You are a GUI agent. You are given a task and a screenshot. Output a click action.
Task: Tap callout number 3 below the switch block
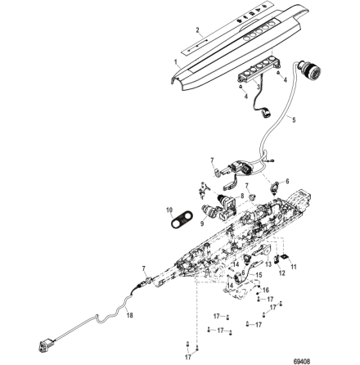click(259, 85)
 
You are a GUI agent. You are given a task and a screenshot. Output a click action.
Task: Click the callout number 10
click(170, 210)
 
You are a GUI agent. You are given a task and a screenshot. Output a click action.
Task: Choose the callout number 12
click(282, 273)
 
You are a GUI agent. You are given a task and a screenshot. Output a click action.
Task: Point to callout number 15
click(259, 276)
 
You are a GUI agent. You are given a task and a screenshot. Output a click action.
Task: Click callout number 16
click(263, 290)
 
